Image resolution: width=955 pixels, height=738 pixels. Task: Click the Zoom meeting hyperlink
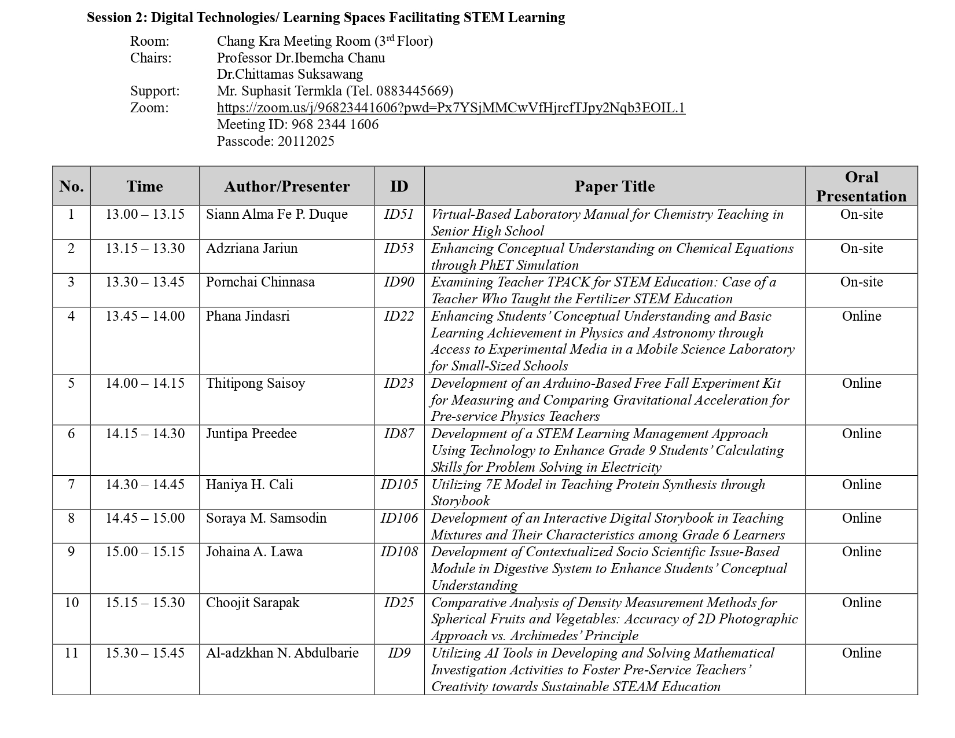(x=451, y=108)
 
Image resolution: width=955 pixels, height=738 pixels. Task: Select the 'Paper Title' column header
(x=614, y=186)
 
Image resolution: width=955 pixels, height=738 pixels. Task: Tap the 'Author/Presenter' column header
(x=286, y=186)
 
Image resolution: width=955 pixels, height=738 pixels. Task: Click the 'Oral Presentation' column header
(x=861, y=186)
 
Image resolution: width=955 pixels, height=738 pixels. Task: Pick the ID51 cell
(x=399, y=214)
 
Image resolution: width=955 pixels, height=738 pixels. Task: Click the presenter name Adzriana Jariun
(x=252, y=248)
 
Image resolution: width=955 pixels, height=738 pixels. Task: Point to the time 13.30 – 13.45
(x=145, y=282)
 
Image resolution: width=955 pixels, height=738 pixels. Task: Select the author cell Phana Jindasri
(x=248, y=316)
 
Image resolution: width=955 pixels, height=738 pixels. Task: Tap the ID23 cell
(x=399, y=383)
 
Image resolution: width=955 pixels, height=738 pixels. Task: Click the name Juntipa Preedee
(x=251, y=434)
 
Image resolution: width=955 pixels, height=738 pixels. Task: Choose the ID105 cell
(x=399, y=484)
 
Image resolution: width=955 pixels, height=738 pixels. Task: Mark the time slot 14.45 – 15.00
(x=145, y=518)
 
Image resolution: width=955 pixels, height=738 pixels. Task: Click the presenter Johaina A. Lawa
(x=254, y=552)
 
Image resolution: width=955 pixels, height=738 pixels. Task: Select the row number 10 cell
(x=71, y=603)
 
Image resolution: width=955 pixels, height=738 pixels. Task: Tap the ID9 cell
(x=399, y=653)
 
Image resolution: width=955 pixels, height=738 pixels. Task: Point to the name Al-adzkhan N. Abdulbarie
(x=282, y=653)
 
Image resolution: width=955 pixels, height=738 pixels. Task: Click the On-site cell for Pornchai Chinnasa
(x=861, y=282)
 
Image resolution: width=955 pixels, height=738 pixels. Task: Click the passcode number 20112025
(x=306, y=141)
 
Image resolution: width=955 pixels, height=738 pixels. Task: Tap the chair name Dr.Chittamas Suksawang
(x=290, y=74)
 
